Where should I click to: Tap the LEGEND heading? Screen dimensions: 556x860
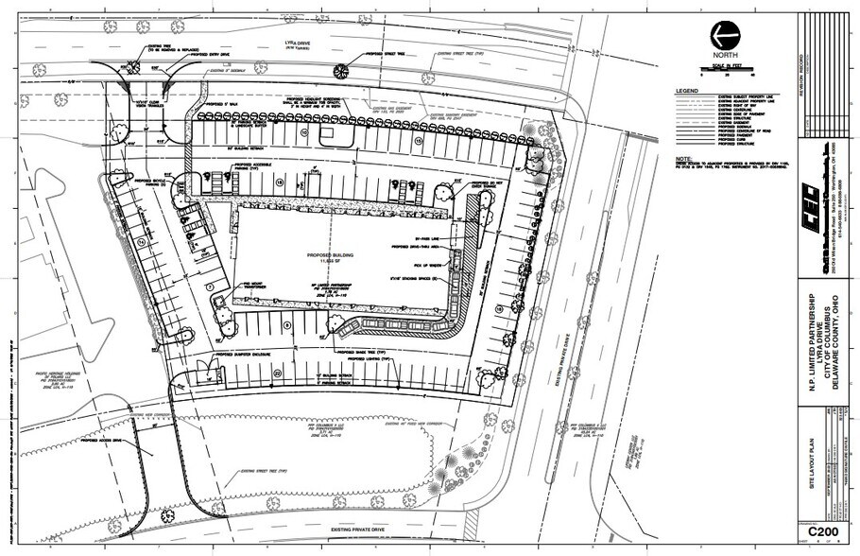(686, 92)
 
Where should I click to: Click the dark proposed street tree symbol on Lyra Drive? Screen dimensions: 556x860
(342, 68)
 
